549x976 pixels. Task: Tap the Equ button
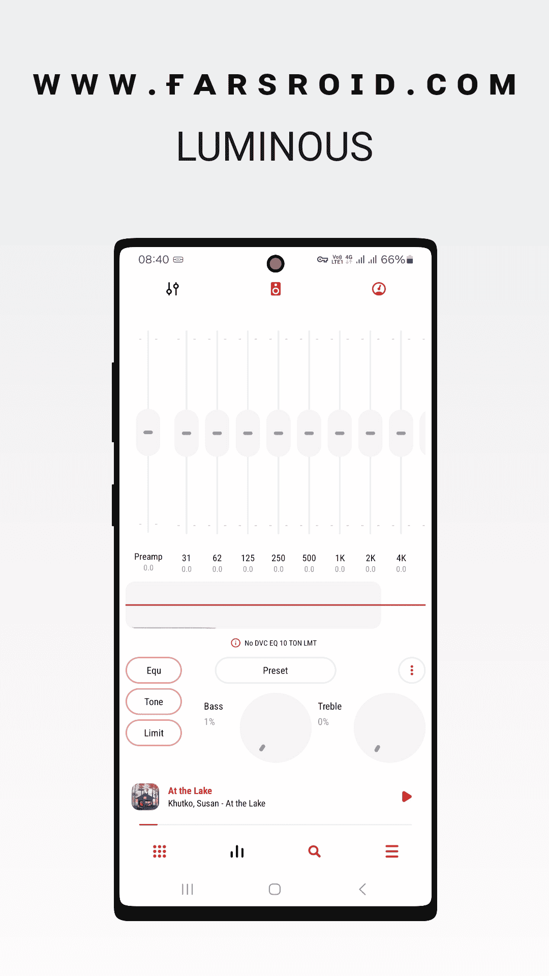(x=154, y=670)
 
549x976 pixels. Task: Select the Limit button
(x=154, y=733)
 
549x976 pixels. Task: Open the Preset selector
(x=276, y=670)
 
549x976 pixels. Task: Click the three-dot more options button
(x=412, y=670)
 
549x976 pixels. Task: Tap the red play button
(x=407, y=797)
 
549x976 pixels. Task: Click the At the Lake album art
(x=145, y=797)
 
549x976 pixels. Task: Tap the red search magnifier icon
(x=315, y=851)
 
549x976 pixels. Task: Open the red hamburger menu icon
(x=392, y=851)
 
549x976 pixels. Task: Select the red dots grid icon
(x=160, y=851)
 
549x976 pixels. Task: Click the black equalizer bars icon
(x=237, y=851)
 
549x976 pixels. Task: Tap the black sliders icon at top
(x=173, y=289)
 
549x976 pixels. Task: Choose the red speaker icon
(x=276, y=289)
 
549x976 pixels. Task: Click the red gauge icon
(x=379, y=289)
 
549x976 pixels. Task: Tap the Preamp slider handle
(x=148, y=433)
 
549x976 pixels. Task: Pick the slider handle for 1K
(x=340, y=433)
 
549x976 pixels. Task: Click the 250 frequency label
(x=278, y=558)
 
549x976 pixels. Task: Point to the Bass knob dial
(x=276, y=727)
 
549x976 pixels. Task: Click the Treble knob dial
(x=389, y=727)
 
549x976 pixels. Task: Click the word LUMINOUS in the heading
(x=274, y=146)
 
